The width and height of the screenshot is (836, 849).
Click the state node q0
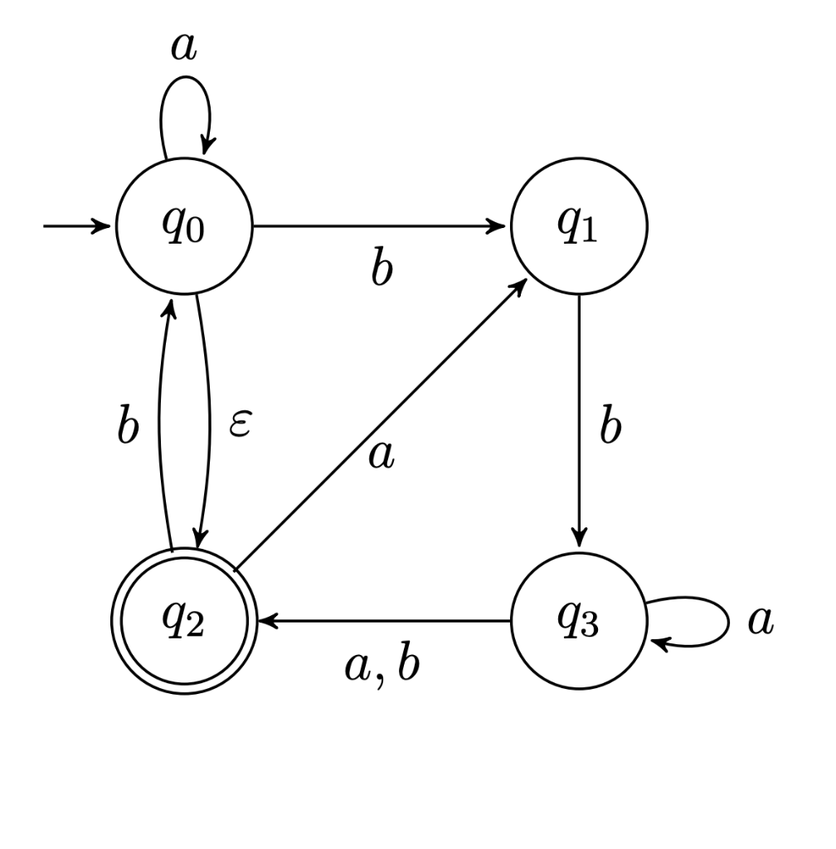coord(184,225)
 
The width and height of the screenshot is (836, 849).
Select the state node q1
coord(579,225)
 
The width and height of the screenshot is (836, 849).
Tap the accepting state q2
coord(184,623)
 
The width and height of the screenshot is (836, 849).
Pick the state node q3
coord(579,621)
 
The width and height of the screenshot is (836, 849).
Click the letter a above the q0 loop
coord(183,48)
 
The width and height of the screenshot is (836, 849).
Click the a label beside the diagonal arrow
coord(381,456)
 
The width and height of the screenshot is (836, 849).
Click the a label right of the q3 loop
coord(760,620)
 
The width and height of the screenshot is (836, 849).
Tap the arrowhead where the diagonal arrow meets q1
coord(522,285)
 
